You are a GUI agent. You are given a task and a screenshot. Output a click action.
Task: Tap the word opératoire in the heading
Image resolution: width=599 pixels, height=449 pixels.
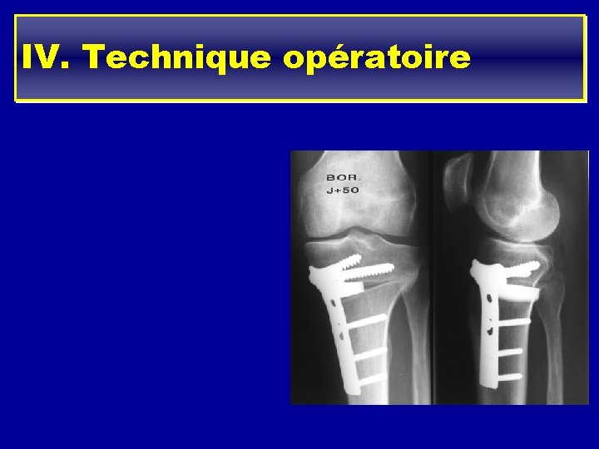(376, 57)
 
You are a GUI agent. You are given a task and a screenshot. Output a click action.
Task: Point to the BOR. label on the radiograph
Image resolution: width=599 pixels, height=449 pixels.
(342, 177)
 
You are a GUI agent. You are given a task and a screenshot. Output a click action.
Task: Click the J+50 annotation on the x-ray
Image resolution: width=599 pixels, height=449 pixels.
(342, 190)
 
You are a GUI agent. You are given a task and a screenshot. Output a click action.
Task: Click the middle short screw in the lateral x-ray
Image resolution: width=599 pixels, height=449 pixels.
(509, 351)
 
